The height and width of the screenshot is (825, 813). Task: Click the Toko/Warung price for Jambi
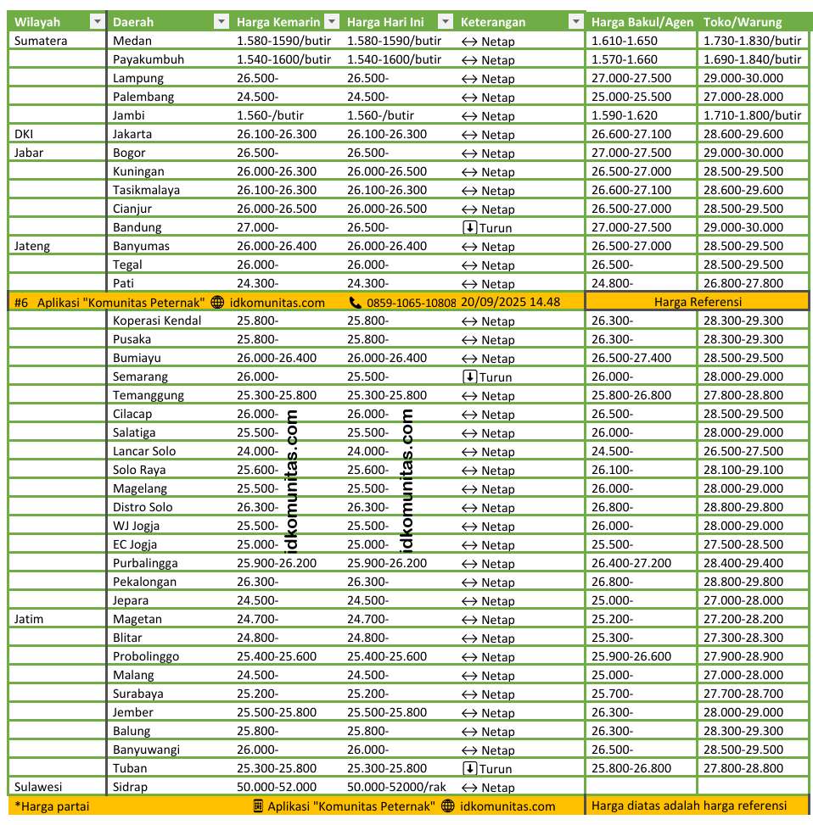(x=752, y=115)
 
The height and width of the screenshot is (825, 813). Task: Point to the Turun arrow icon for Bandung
(x=469, y=227)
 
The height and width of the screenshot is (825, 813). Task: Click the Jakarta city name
(x=132, y=134)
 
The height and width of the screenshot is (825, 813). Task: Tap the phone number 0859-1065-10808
(x=411, y=303)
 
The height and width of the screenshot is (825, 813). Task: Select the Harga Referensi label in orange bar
(x=698, y=302)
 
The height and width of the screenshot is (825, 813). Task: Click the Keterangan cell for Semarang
(x=487, y=376)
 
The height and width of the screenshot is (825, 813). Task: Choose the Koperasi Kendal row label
(x=157, y=321)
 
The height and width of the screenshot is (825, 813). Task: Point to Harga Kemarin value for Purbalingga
(x=277, y=563)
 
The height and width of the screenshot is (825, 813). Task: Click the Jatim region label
(x=29, y=619)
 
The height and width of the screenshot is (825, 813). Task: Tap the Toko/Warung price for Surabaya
(x=743, y=694)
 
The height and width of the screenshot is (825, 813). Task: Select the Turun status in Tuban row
(x=488, y=768)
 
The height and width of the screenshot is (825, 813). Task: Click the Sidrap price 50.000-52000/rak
(x=396, y=787)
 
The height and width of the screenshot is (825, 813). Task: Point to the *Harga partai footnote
(x=51, y=806)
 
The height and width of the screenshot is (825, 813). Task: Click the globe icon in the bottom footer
(x=447, y=806)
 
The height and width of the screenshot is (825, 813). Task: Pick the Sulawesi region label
(x=38, y=787)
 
